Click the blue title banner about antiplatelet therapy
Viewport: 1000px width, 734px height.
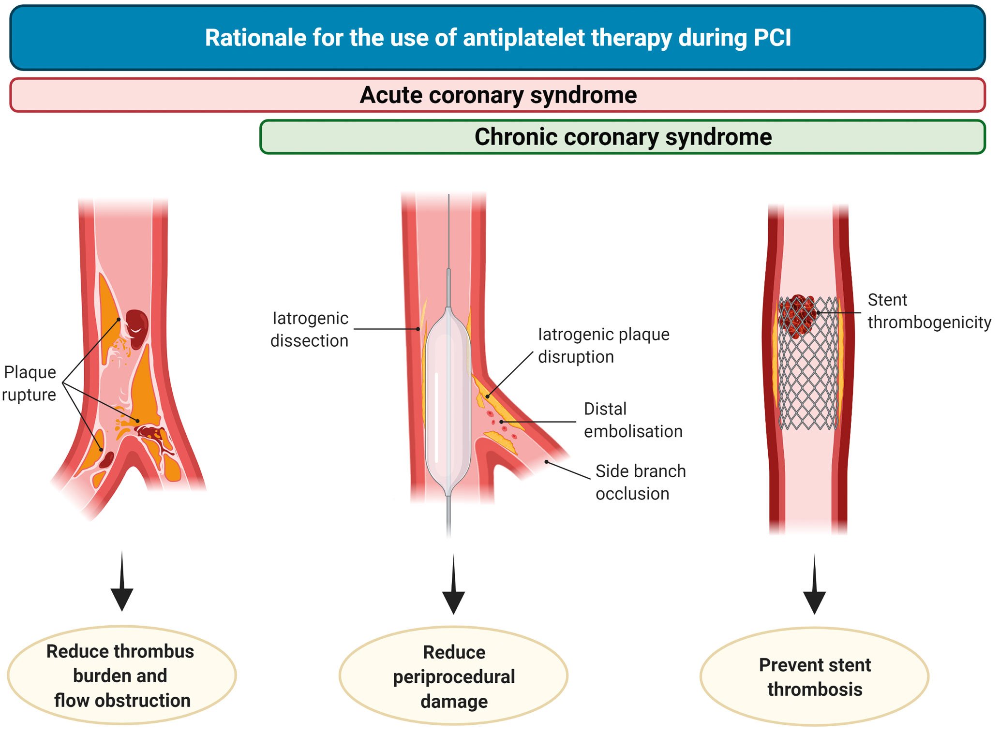click(x=497, y=38)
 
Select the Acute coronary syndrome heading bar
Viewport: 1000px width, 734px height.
click(x=497, y=95)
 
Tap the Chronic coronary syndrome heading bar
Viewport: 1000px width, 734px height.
click(x=623, y=137)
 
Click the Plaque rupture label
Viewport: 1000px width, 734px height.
click(x=29, y=383)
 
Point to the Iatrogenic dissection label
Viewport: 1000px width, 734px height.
click(x=310, y=329)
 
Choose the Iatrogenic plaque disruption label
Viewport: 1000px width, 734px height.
click(x=603, y=345)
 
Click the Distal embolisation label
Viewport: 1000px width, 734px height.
click(x=632, y=420)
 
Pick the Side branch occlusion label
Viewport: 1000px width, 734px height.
click(x=640, y=482)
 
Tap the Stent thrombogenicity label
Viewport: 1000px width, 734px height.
click(x=928, y=311)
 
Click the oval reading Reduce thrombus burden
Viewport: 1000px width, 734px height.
click(x=121, y=675)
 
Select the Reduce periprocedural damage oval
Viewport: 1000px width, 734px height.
click(x=453, y=676)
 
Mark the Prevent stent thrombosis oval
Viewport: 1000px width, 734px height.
click(x=814, y=676)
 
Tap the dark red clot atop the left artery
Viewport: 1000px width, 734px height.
click(x=137, y=328)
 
